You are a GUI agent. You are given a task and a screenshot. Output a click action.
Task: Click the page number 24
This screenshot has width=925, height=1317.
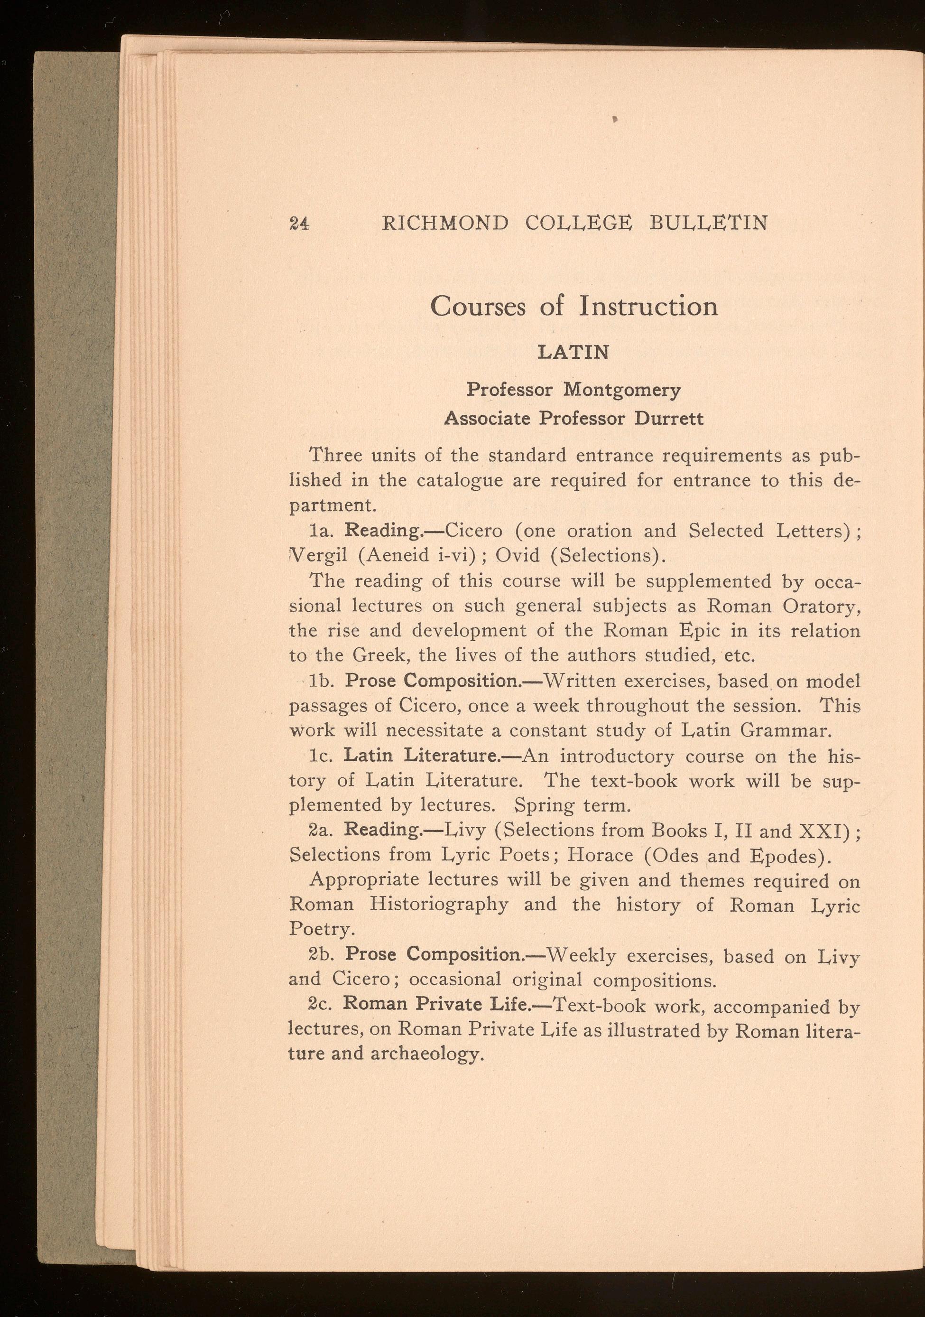299,223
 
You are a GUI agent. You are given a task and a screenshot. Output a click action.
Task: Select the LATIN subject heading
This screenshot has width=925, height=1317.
573,352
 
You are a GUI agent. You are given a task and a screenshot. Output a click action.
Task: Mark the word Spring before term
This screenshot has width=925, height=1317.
544,806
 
